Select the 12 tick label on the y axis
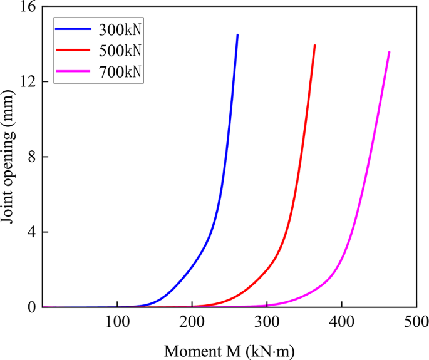pos(27,82)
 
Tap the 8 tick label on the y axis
pos(31,157)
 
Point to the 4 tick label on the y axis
pos(31,232)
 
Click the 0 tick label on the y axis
pos(31,307)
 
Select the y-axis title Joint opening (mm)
pos(11,157)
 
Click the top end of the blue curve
pos(237,35)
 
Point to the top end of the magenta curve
pos(390,52)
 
